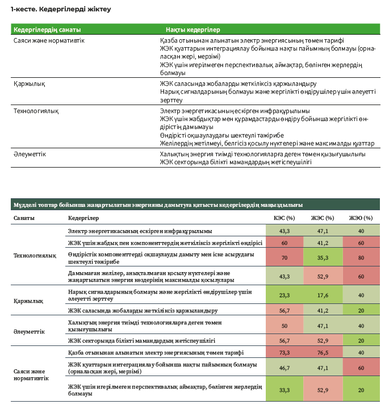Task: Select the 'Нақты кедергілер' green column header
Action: (x=193, y=29)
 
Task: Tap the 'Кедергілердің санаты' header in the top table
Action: (x=47, y=29)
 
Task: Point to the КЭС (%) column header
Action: (x=285, y=218)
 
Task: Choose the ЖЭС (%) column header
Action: (x=323, y=218)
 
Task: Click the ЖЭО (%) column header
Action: (x=361, y=218)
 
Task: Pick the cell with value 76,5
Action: (x=323, y=352)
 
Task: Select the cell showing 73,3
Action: (x=285, y=352)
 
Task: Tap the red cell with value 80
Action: (x=361, y=257)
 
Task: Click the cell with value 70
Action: (x=285, y=257)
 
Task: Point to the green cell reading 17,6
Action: (x=323, y=295)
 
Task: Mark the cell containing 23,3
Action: (x=285, y=295)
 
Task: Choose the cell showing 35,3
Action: (x=323, y=257)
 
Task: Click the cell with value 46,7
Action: (x=285, y=368)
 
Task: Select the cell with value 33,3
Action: (x=285, y=390)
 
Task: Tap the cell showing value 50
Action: (x=285, y=326)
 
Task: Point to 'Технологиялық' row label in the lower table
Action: (x=35, y=256)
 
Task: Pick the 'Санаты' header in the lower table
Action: (x=23, y=218)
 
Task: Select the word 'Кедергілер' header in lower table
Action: (x=83, y=218)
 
